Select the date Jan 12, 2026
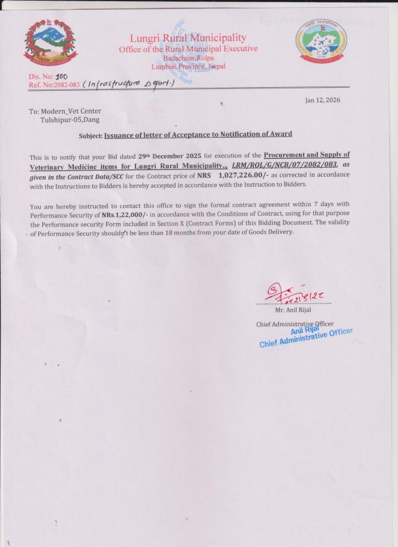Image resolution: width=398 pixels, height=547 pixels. coord(323,100)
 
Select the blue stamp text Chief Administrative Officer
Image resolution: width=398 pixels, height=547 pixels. coord(305,338)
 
